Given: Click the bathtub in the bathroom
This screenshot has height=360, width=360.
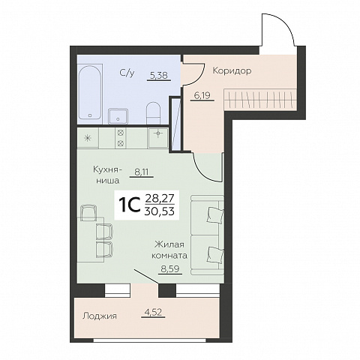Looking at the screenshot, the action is click(90, 91).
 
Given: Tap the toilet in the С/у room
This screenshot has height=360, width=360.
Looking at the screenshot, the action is click(153, 113).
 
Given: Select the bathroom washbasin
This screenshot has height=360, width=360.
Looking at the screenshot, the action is click(118, 116).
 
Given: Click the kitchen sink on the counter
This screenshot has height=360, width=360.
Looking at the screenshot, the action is click(157, 138).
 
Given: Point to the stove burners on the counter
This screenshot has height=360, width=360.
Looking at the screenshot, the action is click(121, 138).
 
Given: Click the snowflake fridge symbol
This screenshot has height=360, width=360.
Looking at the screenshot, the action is click(87, 138).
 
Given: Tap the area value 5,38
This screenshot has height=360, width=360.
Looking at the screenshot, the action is click(159, 75).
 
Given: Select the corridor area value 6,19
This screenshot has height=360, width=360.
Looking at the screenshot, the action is click(202, 95).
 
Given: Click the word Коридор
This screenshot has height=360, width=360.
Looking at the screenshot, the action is click(232, 70).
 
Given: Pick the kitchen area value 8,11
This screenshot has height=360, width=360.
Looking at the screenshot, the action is click(141, 172).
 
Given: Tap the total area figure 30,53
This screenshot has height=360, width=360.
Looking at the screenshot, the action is click(160, 211).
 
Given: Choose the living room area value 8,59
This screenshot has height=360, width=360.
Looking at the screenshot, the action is click(170, 269).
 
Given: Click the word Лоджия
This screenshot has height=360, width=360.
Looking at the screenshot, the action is click(100, 316).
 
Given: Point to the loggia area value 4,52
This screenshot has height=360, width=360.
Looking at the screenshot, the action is click(153, 313).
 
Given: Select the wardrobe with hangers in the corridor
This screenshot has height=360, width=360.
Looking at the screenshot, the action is click(260, 99).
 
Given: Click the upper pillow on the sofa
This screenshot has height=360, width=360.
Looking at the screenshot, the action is click(215, 214).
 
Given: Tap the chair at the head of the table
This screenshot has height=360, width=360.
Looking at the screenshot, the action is click(88, 212).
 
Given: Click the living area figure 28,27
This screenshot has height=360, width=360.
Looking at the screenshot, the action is click(160, 200).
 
